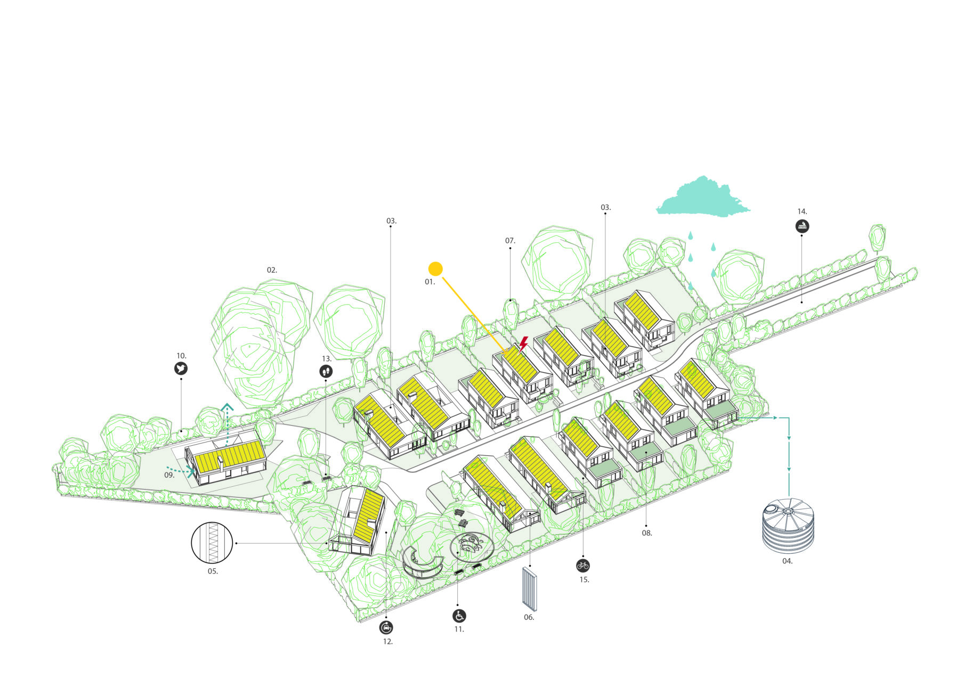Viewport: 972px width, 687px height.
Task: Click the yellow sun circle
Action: [435, 269]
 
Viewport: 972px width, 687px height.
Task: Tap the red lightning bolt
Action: [523, 343]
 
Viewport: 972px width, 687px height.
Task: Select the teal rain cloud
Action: [702, 198]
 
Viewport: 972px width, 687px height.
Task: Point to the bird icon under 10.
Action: [181, 369]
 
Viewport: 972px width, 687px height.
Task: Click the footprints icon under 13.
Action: [326, 371]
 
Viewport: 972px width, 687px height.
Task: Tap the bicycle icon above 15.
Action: [583, 566]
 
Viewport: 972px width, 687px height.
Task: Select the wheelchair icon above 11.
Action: [459, 616]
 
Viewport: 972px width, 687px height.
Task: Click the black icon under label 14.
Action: [802, 226]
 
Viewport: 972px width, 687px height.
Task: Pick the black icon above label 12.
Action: [387, 627]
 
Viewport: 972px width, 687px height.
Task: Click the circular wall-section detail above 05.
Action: [212, 543]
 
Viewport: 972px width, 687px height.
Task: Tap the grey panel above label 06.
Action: [529, 588]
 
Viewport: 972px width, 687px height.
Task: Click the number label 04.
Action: [787, 561]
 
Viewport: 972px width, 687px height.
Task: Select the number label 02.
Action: [272, 270]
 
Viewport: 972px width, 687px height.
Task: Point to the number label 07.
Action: [510, 241]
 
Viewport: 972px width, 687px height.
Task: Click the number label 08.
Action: [646, 533]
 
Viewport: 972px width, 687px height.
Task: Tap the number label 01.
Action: [430, 282]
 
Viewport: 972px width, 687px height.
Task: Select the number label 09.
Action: [169, 475]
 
